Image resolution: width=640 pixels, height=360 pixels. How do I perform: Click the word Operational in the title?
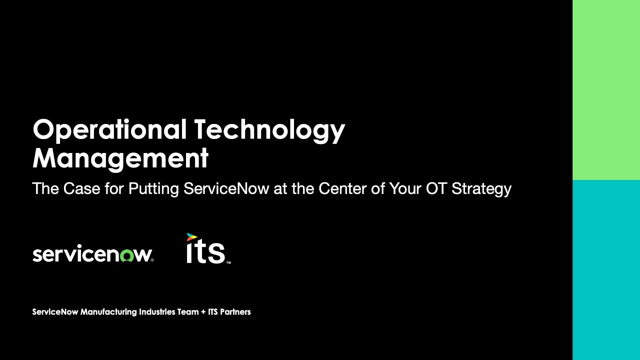[108, 130]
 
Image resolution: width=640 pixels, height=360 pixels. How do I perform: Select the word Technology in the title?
[269, 130]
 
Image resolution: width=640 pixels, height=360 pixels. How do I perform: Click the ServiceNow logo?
[92, 254]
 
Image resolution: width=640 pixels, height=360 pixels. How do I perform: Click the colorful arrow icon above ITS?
[191, 237]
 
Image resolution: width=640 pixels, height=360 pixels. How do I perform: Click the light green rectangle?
[606, 90]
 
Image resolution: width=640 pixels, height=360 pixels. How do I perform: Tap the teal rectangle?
[606, 270]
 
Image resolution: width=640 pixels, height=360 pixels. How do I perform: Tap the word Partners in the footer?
[235, 312]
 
